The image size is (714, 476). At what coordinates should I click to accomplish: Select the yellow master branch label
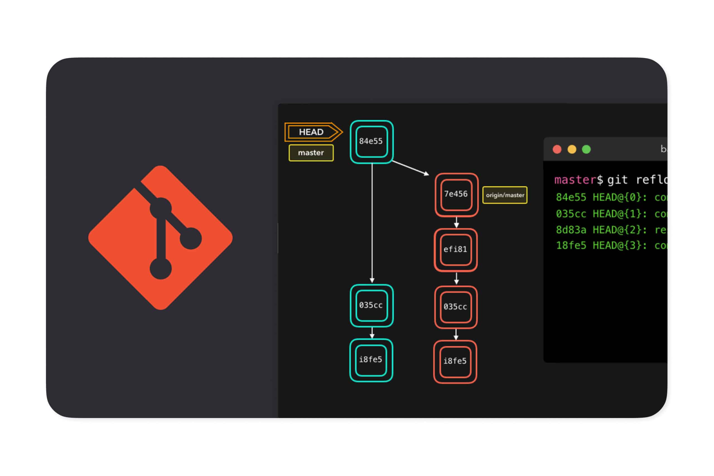(x=311, y=153)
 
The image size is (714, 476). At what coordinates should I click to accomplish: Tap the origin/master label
(x=505, y=195)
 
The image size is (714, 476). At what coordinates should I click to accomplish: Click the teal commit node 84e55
(x=371, y=141)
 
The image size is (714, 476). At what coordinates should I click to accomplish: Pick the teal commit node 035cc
(x=371, y=305)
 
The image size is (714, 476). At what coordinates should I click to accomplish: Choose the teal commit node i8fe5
(x=371, y=360)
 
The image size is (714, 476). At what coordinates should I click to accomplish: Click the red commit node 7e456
(x=456, y=194)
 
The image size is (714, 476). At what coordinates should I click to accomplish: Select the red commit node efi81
(x=455, y=250)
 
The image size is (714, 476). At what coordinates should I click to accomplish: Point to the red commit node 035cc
(x=455, y=307)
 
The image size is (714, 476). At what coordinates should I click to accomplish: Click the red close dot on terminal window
(x=557, y=149)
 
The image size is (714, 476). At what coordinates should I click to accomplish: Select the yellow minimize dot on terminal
(x=572, y=149)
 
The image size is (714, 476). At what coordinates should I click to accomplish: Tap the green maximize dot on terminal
(x=586, y=149)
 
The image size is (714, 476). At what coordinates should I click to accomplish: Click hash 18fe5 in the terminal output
(x=571, y=245)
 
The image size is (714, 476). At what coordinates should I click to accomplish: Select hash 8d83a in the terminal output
(x=571, y=230)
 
